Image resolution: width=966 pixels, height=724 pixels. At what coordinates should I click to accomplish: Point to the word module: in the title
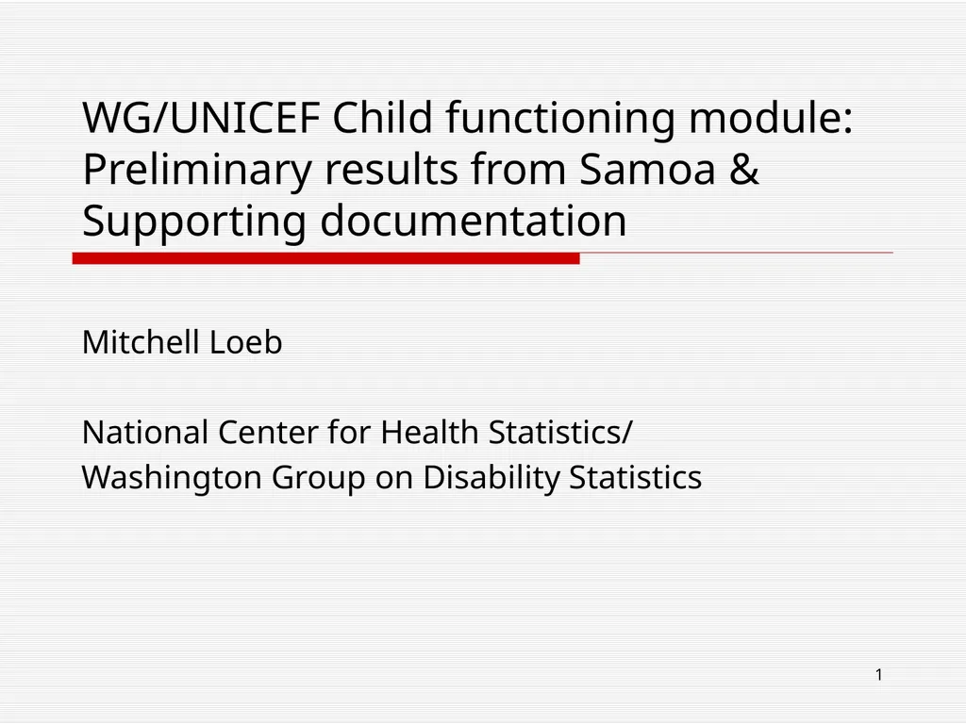[x=771, y=119]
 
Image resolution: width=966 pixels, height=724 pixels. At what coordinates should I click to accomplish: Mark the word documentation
[x=474, y=222]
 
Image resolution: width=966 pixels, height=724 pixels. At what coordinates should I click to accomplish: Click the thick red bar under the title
[x=325, y=258]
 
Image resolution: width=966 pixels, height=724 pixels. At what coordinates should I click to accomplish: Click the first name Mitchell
[x=141, y=342]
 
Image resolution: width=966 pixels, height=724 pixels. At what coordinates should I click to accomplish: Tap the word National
[x=145, y=433]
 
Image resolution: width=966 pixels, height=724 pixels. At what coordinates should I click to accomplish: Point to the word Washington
[x=173, y=478]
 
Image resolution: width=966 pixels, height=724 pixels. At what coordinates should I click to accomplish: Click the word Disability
[x=491, y=478]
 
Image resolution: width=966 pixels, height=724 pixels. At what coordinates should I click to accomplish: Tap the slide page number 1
[x=878, y=674]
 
